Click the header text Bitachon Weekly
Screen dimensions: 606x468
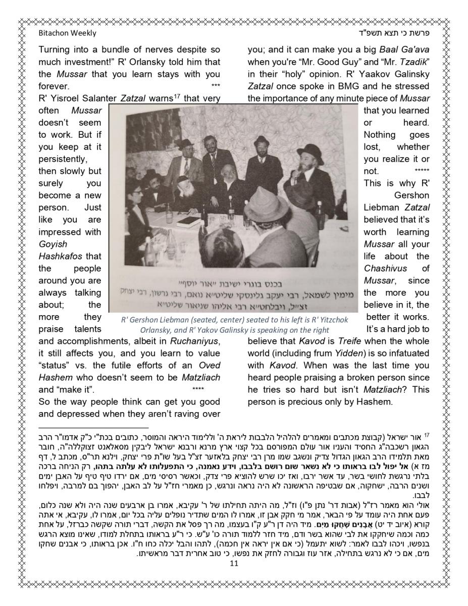(67, 33)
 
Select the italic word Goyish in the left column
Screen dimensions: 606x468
(52, 244)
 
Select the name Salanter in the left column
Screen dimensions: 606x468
(98, 98)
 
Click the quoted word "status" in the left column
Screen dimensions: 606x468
(53, 365)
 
